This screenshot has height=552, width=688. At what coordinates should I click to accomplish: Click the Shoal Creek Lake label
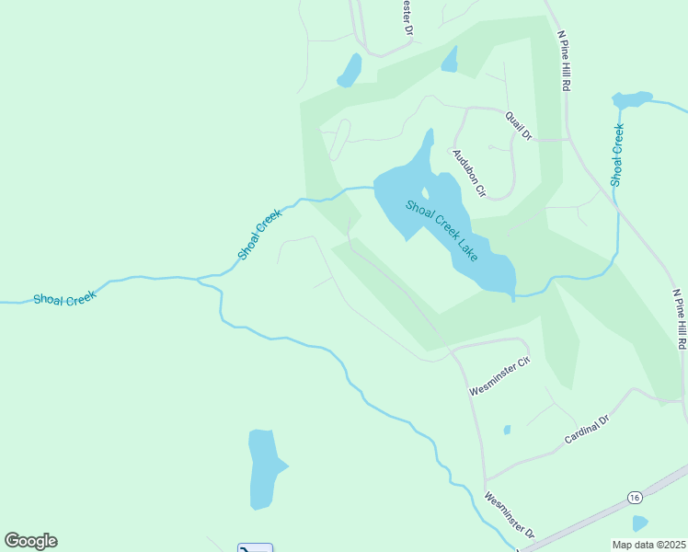click(x=442, y=230)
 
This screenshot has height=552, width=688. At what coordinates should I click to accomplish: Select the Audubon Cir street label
click(x=467, y=171)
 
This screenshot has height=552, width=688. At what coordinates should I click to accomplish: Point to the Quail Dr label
click(x=519, y=124)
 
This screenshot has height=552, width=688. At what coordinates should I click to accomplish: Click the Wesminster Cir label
click(x=500, y=376)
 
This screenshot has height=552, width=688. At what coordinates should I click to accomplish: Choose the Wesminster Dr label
click(x=510, y=514)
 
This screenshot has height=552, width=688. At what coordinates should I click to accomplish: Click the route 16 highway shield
click(x=635, y=497)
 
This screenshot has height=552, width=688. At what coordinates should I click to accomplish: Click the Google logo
click(x=30, y=541)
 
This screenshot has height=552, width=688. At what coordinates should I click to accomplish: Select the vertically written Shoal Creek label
click(x=618, y=155)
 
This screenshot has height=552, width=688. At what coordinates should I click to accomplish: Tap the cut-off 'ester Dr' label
click(x=407, y=17)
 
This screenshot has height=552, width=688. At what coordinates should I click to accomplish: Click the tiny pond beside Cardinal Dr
click(x=507, y=430)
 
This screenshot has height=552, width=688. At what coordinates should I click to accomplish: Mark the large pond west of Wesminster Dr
click(x=265, y=467)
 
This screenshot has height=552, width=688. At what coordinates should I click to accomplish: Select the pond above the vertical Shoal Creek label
click(x=632, y=98)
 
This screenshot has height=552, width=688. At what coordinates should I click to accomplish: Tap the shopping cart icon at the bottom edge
click(x=254, y=547)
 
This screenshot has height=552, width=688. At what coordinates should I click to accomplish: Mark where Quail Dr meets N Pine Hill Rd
click(x=567, y=140)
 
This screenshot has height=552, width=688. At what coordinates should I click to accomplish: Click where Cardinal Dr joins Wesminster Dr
click(x=486, y=479)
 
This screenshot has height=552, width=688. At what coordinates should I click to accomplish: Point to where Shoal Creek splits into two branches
click(x=199, y=279)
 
